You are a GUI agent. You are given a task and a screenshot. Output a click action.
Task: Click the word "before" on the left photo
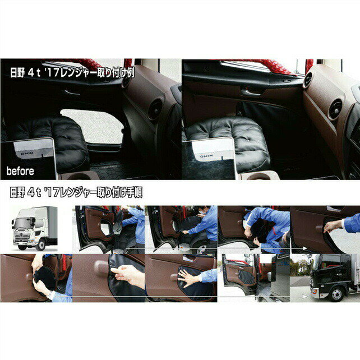coord(20,171)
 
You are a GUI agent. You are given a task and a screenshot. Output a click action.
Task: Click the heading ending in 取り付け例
coord(72,72)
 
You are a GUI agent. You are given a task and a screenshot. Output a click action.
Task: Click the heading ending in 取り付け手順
coord(76,192)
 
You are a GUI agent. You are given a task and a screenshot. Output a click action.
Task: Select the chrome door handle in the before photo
coord(72,93)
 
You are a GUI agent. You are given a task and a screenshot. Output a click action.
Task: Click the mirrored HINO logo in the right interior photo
coord(206,156)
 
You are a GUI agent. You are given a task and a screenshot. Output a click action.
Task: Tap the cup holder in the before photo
coord(78,176)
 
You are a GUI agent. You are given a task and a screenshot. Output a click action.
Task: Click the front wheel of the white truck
coord(40,245)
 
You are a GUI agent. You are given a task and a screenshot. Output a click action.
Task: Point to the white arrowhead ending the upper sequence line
coord(304,248)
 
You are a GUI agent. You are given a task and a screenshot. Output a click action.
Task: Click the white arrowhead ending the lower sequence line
coord(304,297)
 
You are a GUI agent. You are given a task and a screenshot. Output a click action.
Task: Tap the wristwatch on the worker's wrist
coord(50,294)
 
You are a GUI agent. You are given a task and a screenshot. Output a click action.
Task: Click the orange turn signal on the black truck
coord(315,291)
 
